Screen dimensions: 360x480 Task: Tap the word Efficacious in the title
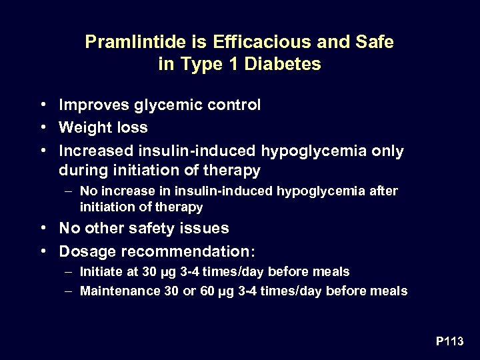pyautogui.click(x=247, y=43)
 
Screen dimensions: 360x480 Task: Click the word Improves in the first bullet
pyautogui.click(x=91, y=105)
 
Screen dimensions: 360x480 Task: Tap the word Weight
pyautogui.click(x=82, y=127)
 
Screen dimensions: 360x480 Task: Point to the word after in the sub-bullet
pyautogui.click(x=383, y=191)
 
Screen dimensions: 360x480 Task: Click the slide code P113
pyautogui.click(x=450, y=341)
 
